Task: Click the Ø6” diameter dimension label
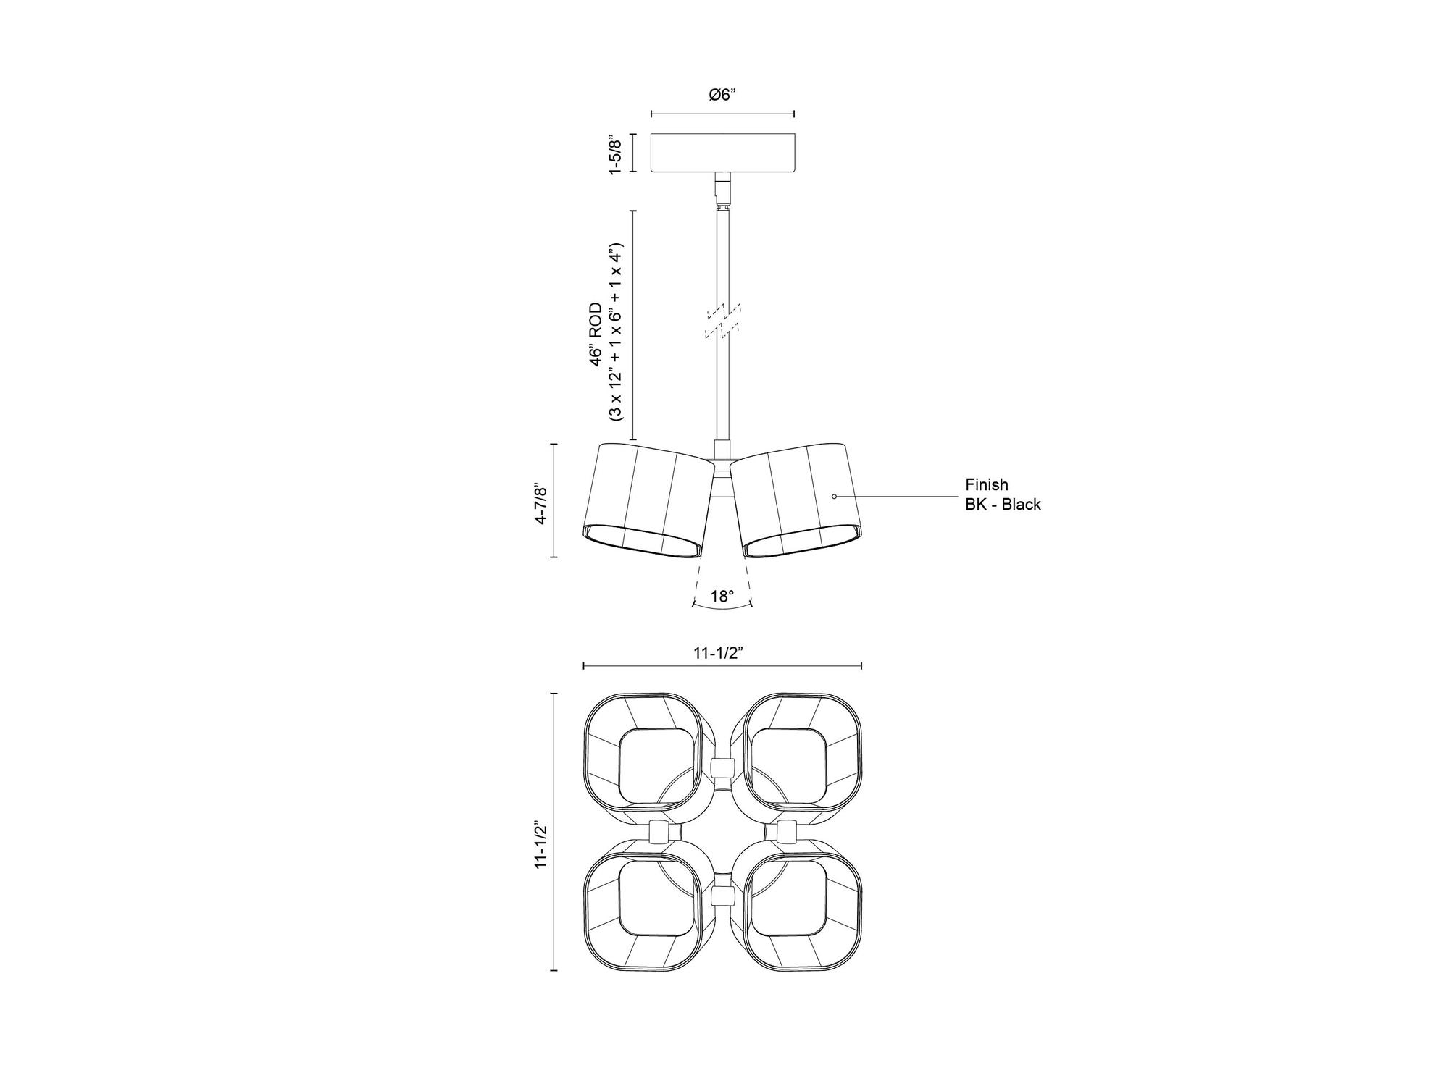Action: (x=722, y=94)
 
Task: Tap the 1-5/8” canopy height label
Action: (x=615, y=153)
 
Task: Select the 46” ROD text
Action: (x=596, y=334)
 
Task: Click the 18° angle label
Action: (x=722, y=596)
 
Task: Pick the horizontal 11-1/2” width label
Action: (x=719, y=653)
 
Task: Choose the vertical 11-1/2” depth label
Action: (x=540, y=835)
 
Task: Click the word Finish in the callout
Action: (x=986, y=484)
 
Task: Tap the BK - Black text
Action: (x=1003, y=505)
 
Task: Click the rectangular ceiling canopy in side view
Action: (x=723, y=153)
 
